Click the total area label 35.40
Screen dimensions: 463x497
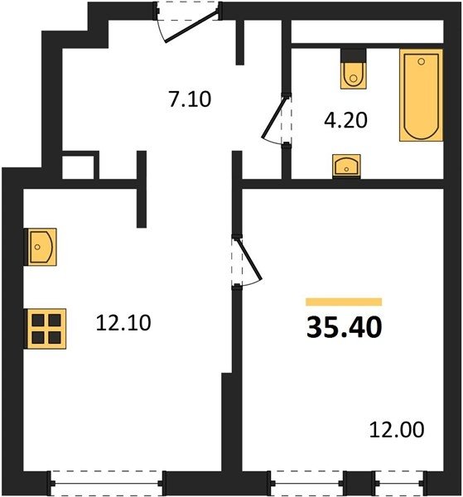345,327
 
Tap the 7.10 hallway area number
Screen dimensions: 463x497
190,99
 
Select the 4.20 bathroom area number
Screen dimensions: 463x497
345,120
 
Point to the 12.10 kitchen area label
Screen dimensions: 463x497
123,323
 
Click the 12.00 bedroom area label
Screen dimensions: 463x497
397,429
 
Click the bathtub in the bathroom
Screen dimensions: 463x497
421,95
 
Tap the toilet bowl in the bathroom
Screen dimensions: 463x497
354,75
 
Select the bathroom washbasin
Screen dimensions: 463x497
346,166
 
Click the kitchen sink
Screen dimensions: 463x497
41,247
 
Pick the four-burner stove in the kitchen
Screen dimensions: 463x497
46,329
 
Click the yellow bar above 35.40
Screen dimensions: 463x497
344,302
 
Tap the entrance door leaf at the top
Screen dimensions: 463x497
191,26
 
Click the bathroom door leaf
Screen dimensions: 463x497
274,118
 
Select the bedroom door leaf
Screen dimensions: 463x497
249,260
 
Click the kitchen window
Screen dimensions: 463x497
107,483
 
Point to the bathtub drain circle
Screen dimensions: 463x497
421,61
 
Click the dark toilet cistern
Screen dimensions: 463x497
354,55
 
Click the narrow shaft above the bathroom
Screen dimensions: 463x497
367,31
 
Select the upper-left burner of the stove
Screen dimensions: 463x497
38,321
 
